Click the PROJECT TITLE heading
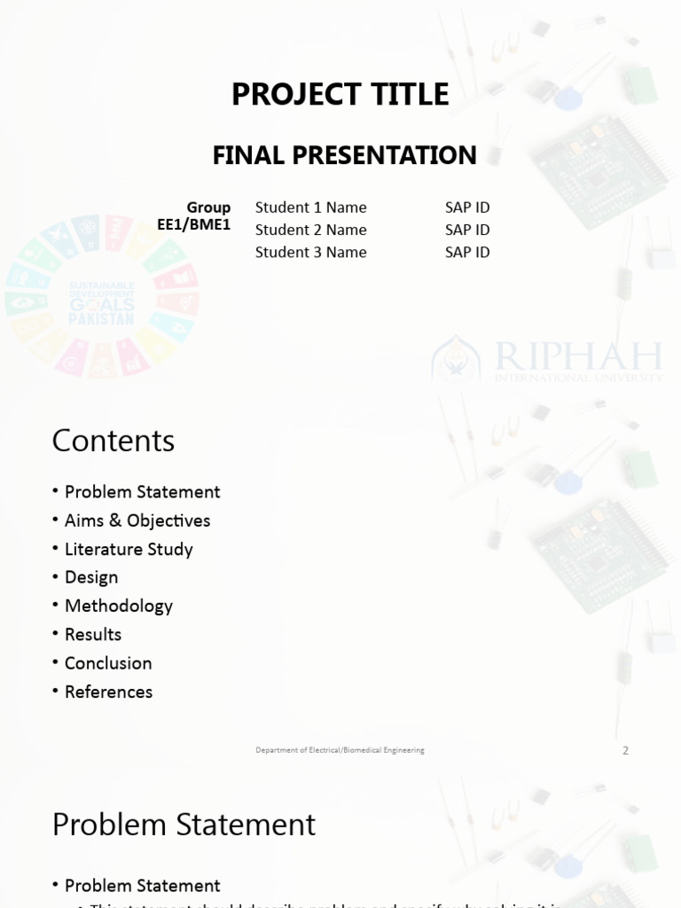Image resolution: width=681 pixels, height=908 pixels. click(x=340, y=94)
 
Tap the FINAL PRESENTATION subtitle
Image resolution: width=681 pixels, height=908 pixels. click(x=344, y=155)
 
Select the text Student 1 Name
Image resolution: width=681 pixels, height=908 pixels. click(x=310, y=207)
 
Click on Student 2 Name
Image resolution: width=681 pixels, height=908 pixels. click(x=310, y=230)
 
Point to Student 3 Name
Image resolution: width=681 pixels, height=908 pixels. click(x=310, y=252)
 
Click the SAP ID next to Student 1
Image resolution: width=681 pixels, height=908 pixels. click(x=467, y=207)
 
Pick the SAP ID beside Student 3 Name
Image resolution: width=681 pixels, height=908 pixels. click(x=467, y=252)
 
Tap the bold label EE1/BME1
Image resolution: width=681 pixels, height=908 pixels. click(x=193, y=225)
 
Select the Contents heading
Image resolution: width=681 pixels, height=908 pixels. click(x=113, y=441)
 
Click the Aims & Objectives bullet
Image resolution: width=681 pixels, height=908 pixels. click(x=137, y=521)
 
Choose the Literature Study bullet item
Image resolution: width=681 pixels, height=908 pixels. click(x=129, y=549)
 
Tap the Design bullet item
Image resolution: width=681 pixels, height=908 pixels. click(x=91, y=577)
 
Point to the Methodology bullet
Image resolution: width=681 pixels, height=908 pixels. click(x=119, y=606)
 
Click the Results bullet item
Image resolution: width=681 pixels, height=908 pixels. click(x=93, y=634)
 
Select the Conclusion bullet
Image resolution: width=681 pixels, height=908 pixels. click(x=108, y=663)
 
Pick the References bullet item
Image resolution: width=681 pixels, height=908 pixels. click(x=108, y=692)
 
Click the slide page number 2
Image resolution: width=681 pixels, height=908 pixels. click(x=625, y=750)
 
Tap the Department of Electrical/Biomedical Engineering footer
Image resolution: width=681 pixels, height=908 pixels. click(x=340, y=750)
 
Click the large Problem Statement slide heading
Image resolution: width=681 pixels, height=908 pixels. click(x=184, y=825)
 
